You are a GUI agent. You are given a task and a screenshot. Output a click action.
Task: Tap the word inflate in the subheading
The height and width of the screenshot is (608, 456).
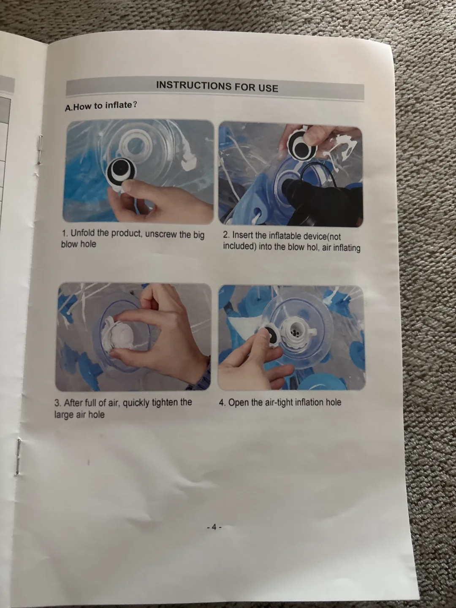(x=118, y=105)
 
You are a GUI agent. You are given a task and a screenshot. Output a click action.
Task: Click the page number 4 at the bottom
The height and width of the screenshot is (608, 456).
(x=214, y=527)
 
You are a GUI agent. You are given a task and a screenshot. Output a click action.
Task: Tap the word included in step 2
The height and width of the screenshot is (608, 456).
(x=240, y=246)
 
